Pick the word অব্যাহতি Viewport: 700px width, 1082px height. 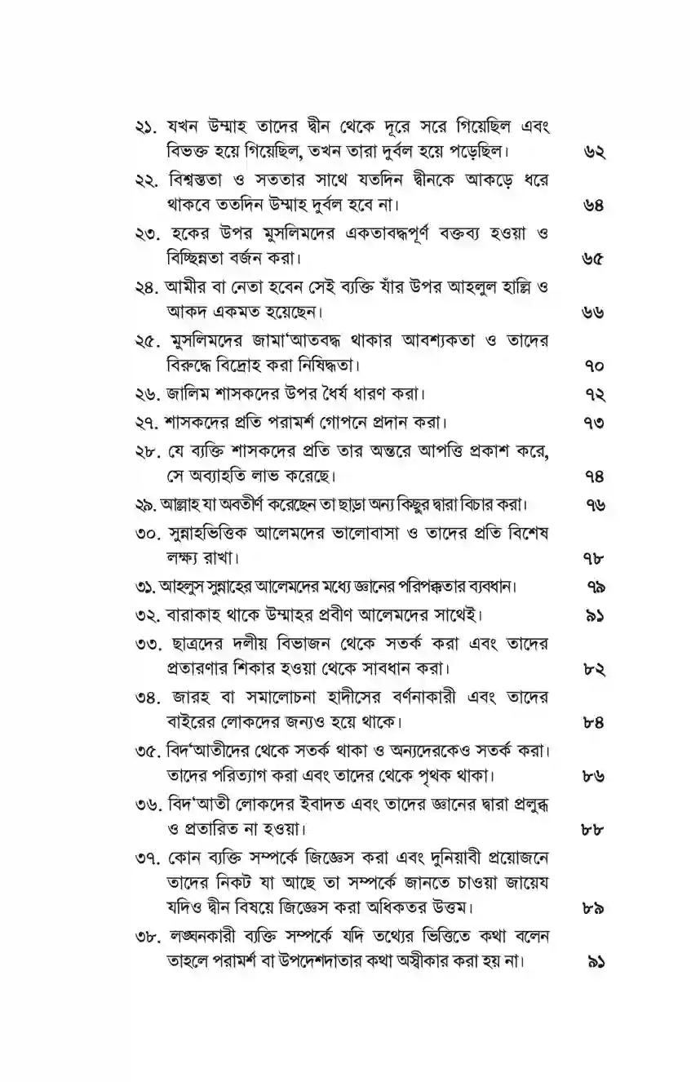(x=211, y=475)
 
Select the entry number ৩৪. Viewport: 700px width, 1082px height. (x=148, y=697)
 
